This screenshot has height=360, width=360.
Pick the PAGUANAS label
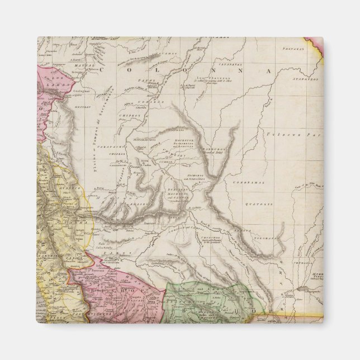(288, 48)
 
